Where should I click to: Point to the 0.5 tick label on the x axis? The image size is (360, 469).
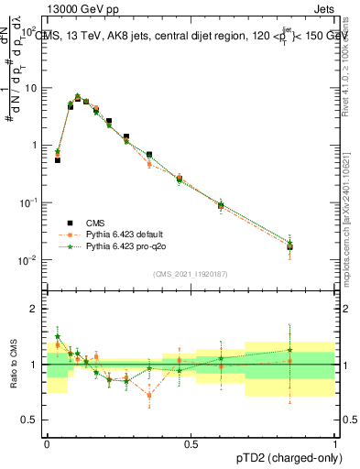(191, 443)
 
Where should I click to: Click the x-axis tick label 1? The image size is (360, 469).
(334, 443)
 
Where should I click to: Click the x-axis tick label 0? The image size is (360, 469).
(47, 443)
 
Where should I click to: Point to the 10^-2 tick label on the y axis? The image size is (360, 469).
(27, 260)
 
